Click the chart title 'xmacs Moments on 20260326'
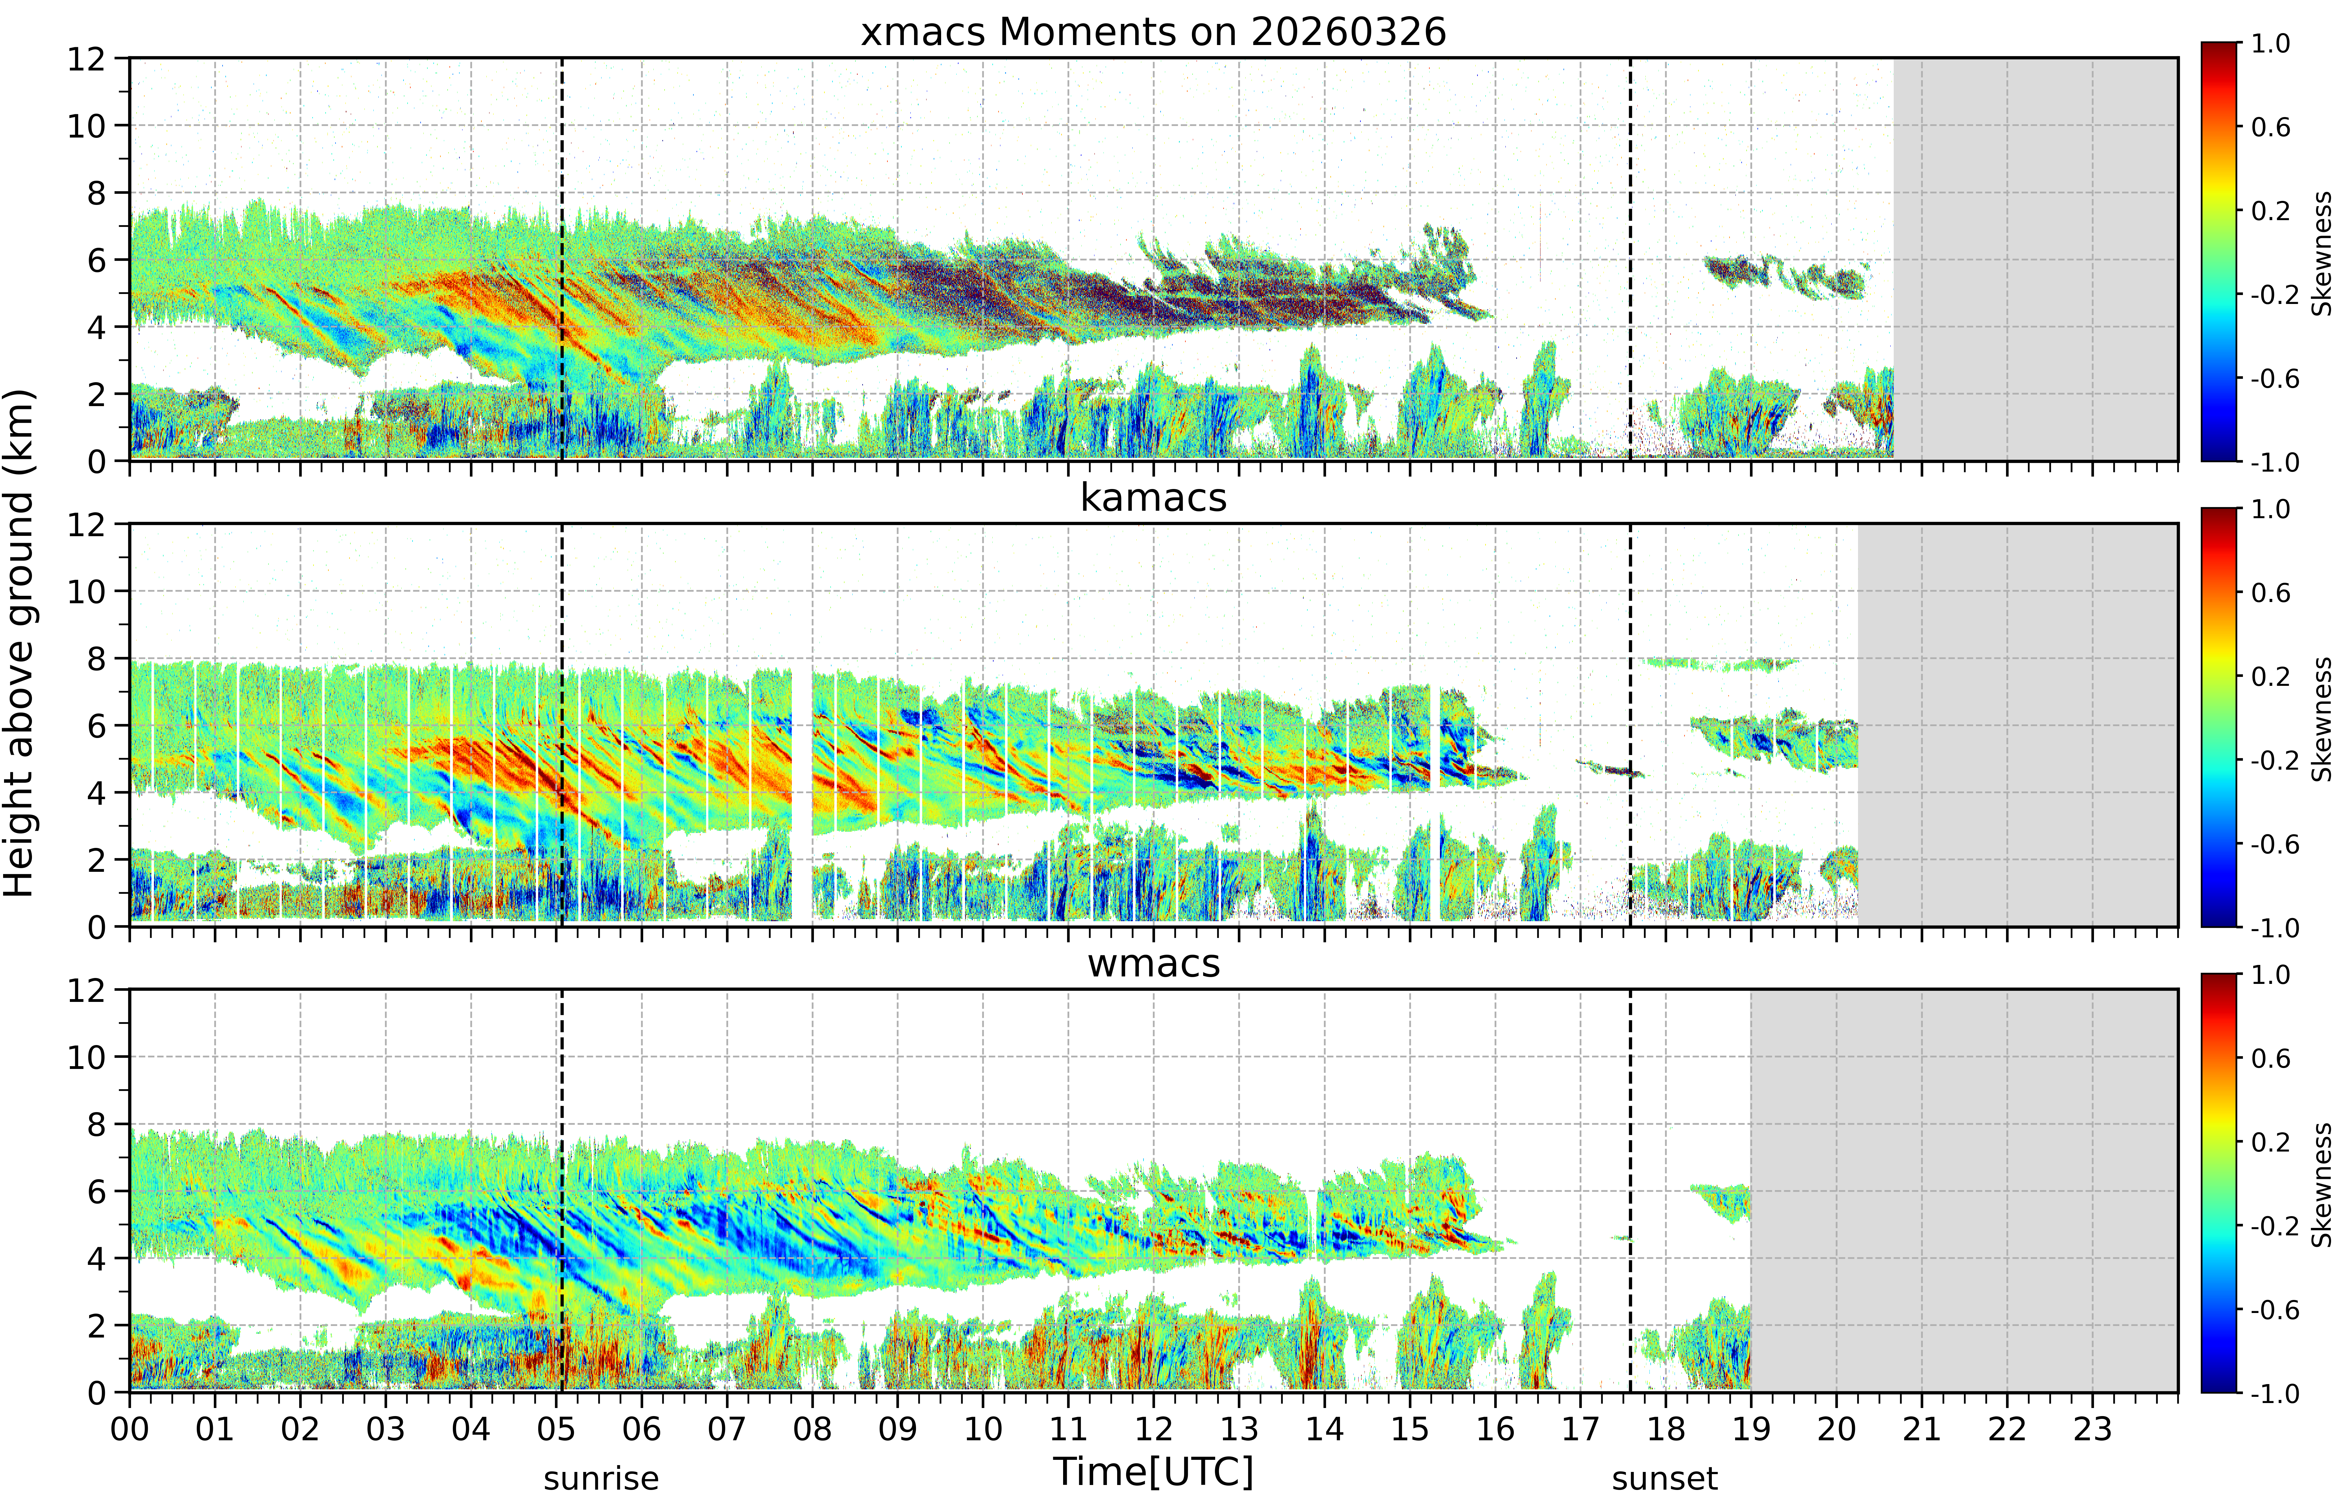(1153, 32)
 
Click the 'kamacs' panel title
(1153, 498)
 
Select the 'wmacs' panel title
(1153, 963)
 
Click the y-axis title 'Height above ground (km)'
(20, 643)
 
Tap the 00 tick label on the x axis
(129, 1428)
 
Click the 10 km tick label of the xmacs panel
(86, 126)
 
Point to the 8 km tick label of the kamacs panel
(96, 659)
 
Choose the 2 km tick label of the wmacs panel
(96, 1325)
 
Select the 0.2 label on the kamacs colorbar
(2271, 677)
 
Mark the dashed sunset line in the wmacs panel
(1631, 1191)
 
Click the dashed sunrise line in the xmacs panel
(562, 259)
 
